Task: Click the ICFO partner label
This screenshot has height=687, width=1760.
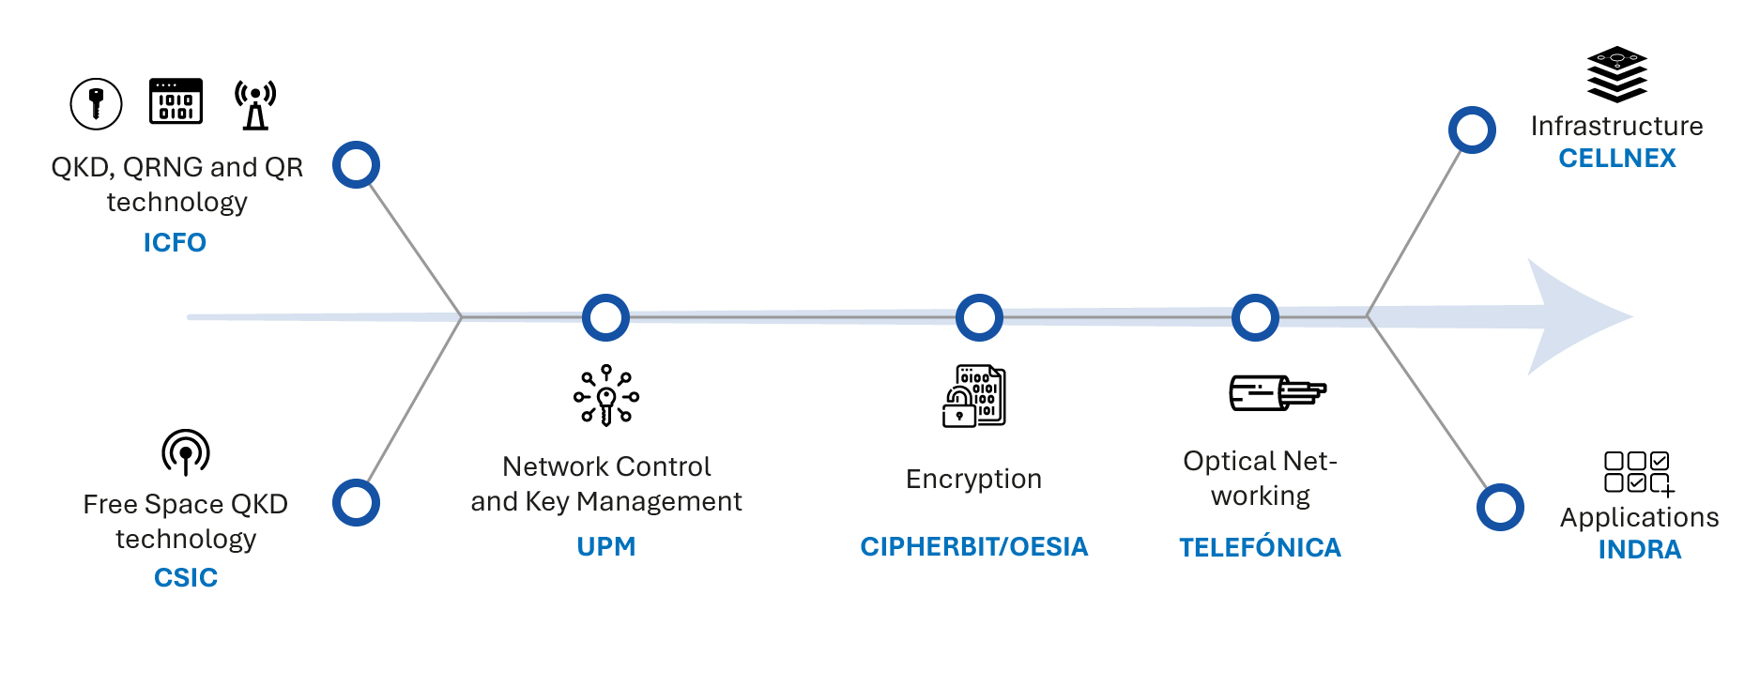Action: (x=175, y=242)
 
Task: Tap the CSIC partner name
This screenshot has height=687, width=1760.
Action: (x=186, y=577)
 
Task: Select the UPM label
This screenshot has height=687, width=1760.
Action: (x=606, y=546)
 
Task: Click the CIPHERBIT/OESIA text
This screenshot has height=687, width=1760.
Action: (x=973, y=546)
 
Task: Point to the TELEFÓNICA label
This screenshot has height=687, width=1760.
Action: (x=1260, y=547)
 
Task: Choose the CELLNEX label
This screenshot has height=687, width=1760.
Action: (x=1616, y=158)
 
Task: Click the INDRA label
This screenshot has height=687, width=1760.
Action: (x=1639, y=549)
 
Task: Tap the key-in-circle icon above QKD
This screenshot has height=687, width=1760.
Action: (x=96, y=102)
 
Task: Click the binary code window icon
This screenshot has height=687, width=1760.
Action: (x=176, y=101)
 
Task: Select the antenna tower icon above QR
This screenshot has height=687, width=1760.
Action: (x=255, y=104)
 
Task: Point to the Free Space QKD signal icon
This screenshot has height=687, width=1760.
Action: (x=186, y=452)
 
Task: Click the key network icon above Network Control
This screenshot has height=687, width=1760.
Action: (x=606, y=396)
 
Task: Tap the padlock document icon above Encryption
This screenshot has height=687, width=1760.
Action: (x=973, y=396)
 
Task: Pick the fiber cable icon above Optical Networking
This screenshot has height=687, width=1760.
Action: (x=1277, y=393)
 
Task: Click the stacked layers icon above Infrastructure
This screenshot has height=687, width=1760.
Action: (x=1616, y=74)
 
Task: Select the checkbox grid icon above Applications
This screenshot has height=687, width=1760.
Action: (x=1639, y=472)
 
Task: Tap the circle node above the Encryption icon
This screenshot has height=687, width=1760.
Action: (x=979, y=317)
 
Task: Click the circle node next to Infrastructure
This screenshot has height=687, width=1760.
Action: (x=1472, y=130)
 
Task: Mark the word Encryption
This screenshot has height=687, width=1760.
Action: (x=973, y=479)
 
